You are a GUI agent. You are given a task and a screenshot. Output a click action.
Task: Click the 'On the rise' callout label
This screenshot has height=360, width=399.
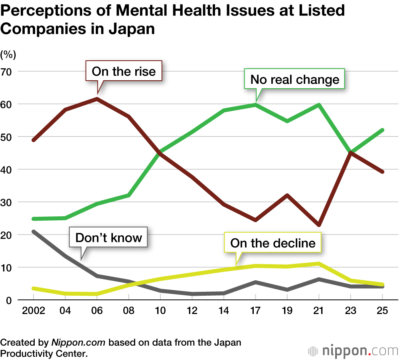[124, 71]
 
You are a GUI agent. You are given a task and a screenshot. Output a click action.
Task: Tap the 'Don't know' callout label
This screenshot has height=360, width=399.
[109, 238]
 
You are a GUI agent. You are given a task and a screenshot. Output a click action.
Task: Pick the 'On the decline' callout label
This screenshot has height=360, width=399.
[273, 243]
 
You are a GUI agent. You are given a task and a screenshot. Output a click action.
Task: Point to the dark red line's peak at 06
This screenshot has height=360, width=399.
[97, 99]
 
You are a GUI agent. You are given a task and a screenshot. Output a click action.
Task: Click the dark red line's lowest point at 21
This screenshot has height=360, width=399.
[319, 225]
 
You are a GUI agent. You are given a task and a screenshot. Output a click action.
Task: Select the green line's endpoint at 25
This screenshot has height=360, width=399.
[382, 130]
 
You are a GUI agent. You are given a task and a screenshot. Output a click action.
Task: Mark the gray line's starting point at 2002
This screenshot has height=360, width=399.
[33, 231]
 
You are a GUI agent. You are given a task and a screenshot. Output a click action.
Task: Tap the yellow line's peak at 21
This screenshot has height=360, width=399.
[319, 263]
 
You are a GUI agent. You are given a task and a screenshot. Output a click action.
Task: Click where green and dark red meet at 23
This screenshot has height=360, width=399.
[350, 153]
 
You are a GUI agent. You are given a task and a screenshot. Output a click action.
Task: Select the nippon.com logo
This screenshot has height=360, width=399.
[353, 351]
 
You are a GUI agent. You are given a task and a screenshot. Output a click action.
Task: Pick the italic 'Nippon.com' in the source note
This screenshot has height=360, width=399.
[79, 342]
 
